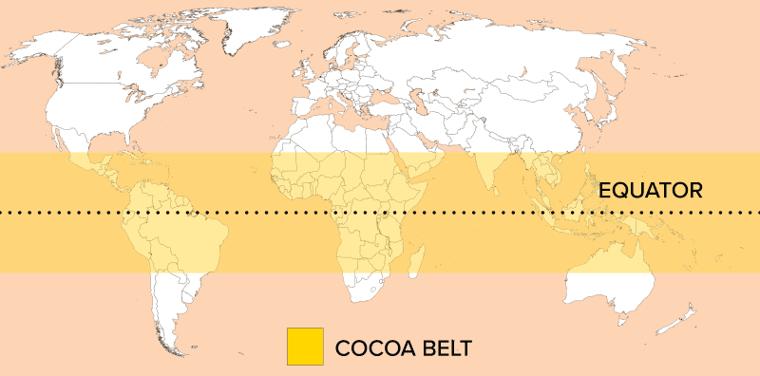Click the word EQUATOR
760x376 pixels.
click(651, 190)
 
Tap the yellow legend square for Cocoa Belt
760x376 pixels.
click(305, 347)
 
